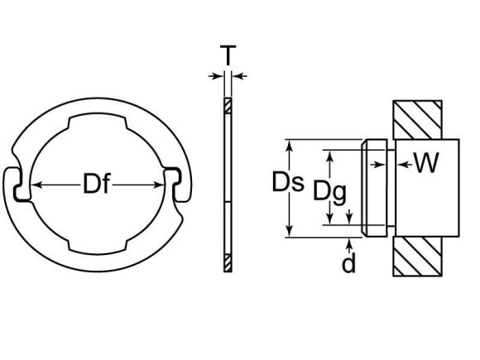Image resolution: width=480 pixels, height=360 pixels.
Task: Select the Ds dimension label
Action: (287, 183)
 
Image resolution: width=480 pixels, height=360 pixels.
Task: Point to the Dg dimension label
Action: (329, 193)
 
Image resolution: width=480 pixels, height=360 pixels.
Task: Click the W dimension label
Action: (426, 164)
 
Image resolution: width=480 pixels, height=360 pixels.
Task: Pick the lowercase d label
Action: (350, 263)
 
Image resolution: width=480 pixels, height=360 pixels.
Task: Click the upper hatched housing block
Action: (425, 121)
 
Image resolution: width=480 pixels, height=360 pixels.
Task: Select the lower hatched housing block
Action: (425, 257)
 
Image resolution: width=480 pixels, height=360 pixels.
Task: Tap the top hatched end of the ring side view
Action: (228, 106)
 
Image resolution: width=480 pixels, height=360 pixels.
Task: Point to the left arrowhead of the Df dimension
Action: (37, 184)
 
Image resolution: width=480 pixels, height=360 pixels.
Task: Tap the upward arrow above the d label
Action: (351, 242)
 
